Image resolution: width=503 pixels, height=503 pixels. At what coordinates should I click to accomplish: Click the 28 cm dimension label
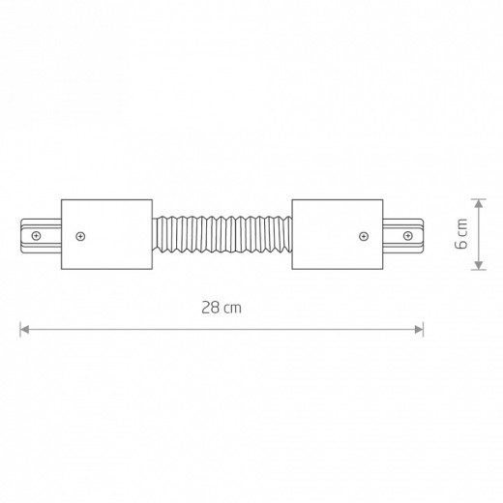point(222,308)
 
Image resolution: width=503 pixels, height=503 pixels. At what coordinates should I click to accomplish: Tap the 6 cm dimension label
point(461,234)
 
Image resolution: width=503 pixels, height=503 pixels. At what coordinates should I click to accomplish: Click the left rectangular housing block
point(106,234)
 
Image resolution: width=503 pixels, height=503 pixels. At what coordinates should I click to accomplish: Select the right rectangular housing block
point(338,234)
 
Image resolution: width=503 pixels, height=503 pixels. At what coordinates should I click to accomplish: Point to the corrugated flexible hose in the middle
point(222,234)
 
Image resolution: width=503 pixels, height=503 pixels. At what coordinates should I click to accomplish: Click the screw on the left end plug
point(36,236)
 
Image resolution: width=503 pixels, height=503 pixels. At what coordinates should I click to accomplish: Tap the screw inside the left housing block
point(80,236)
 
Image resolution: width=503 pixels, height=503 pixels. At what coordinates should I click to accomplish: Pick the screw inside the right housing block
point(364,236)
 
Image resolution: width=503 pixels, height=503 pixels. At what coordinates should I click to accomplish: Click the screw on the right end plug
point(408,236)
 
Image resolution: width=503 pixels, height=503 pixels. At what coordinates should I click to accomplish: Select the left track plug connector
point(41,236)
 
